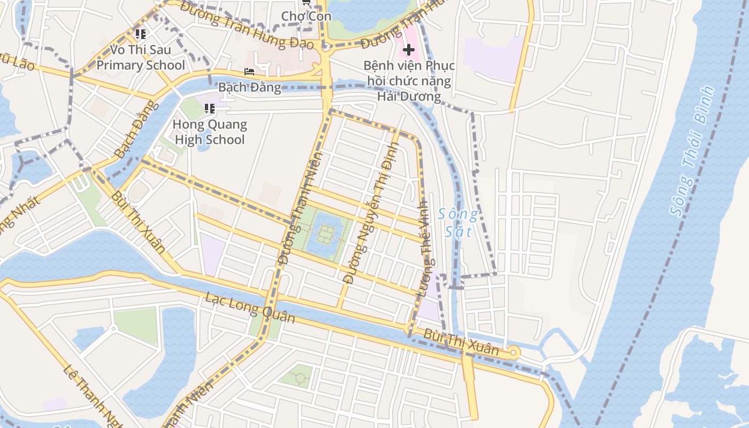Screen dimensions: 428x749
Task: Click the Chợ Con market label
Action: [306, 16]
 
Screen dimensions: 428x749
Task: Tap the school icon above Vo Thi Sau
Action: [141, 35]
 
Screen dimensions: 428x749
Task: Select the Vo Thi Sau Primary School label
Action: [141, 58]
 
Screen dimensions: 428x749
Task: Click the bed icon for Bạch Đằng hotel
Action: [249, 72]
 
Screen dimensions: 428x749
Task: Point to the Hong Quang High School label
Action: [209, 132]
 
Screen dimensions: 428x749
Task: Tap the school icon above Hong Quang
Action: [209, 109]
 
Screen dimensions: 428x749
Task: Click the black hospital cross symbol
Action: [409, 50]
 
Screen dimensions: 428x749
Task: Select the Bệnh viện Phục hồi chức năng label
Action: [409, 81]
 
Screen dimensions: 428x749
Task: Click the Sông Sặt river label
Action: [457, 223]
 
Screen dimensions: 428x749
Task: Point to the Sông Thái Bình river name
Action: [692, 151]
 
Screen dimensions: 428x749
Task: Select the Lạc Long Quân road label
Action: [250, 308]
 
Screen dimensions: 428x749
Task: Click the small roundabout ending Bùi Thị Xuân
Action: [514, 352]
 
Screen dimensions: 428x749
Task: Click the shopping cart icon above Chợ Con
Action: [306, 2]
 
